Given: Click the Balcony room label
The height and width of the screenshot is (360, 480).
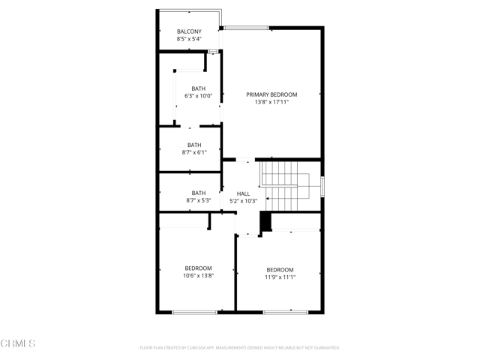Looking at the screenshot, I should (x=189, y=31).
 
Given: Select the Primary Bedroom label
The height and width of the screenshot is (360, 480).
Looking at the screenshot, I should (x=271, y=94).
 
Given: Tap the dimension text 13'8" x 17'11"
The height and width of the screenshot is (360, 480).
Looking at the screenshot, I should (x=271, y=102).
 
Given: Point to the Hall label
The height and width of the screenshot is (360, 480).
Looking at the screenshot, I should (x=243, y=193).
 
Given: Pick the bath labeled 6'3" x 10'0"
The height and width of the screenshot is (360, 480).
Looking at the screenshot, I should (x=198, y=88).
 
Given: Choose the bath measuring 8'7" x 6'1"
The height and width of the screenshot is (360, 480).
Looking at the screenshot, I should (x=194, y=145).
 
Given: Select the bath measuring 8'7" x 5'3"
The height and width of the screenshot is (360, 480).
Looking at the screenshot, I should (x=198, y=193).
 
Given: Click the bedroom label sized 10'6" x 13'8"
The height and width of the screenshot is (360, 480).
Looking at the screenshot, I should (x=199, y=268).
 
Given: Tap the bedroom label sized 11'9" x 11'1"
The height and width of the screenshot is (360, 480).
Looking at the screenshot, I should (x=280, y=269).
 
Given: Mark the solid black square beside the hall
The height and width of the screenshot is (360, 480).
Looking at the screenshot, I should (x=265, y=223).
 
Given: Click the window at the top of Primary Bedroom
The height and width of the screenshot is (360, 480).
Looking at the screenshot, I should (x=246, y=28).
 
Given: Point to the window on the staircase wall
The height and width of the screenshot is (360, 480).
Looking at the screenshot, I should (x=322, y=186).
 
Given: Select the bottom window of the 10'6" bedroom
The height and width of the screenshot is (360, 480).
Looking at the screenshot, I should (x=194, y=311).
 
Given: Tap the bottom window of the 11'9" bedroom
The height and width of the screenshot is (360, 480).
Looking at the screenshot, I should (x=285, y=311).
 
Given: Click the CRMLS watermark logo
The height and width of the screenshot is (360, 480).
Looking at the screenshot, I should (x=18, y=344).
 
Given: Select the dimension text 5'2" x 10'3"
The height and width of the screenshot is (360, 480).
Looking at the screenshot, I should (x=243, y=201).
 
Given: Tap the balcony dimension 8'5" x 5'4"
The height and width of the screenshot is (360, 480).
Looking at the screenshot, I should (x=189, y=39).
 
